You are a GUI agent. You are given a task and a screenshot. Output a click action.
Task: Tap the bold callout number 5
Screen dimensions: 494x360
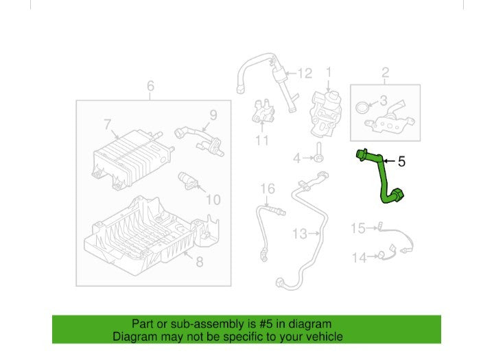[x=401, y=162]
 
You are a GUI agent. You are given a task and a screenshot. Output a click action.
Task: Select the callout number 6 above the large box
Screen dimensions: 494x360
[x=150, y=86]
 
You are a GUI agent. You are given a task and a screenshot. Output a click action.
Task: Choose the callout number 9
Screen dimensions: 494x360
[x=213, y=115]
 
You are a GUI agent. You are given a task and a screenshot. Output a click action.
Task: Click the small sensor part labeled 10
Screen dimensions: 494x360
[x=188, y=181]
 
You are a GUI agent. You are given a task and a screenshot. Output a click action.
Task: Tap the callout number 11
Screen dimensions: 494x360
[x=262, y=141]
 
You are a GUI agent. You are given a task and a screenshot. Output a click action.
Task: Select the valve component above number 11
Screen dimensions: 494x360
[x=263, y=111]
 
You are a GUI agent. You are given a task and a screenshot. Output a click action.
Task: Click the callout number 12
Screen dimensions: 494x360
[x=305, y=73]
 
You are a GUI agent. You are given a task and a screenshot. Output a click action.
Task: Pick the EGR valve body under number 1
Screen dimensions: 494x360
[x=325, y=113]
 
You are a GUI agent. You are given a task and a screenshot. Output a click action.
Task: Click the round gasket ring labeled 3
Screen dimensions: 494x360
[x=362, y=107]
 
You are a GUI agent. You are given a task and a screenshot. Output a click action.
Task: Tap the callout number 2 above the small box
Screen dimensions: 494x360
[x=385, y=73]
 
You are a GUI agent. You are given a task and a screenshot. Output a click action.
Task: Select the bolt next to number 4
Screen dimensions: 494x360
[x=319, y=153]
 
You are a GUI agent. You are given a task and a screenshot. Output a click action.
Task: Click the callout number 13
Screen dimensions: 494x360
[x=299, y=234]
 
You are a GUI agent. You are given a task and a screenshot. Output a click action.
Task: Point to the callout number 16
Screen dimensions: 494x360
[x=268, y=189]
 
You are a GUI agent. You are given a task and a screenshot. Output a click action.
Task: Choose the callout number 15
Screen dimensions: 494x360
[x=358, y=228]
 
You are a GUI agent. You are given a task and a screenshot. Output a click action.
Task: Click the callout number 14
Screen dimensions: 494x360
[x=359, y=258]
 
